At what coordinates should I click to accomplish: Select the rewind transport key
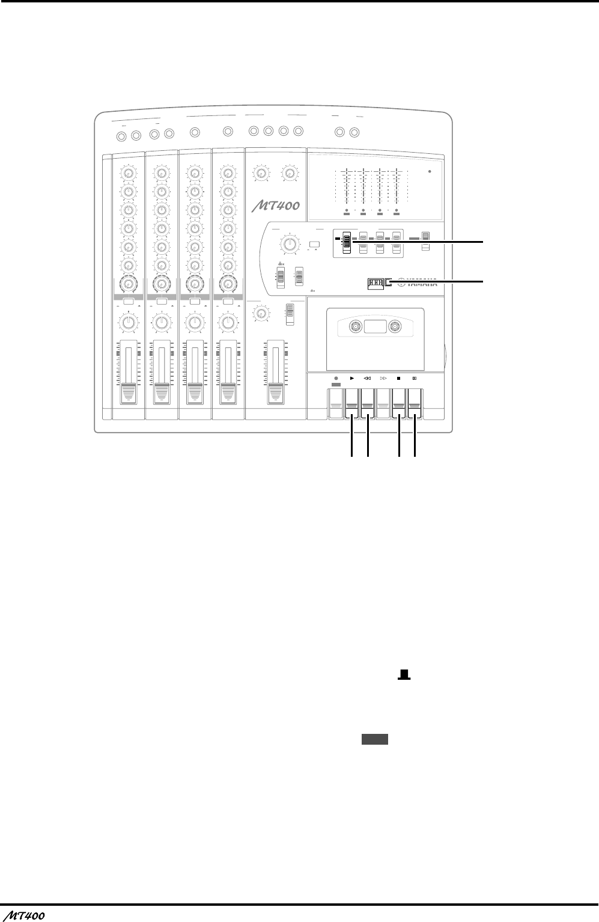(x=368, y=404)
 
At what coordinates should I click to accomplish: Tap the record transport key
(x=336, y=404)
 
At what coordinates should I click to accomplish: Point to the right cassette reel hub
(x=395, y=328)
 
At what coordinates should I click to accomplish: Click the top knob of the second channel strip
(x=160, y=173)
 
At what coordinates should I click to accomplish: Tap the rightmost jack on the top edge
(x=354, y=132)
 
